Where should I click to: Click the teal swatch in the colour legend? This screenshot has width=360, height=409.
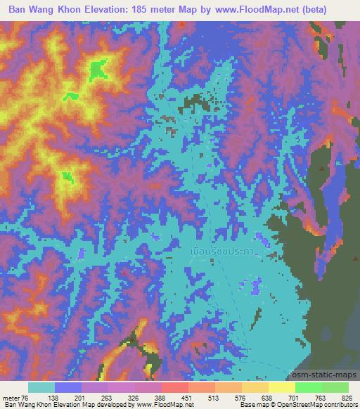(x=41, y=387)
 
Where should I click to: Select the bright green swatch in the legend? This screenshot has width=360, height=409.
(x=308, y=387)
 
